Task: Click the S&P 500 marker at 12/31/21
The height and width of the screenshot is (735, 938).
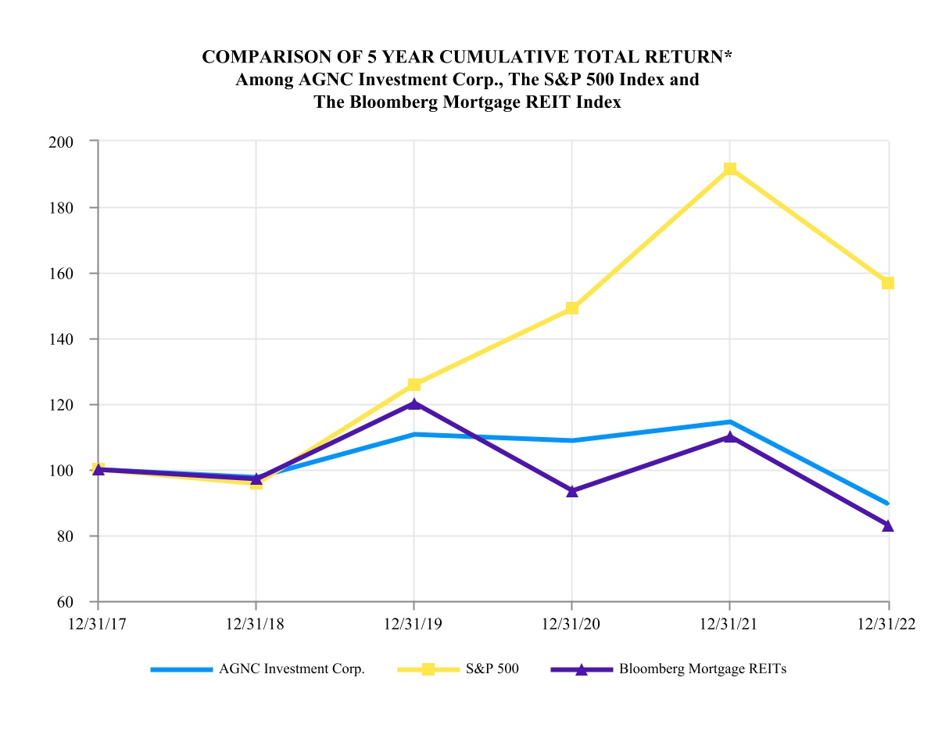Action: click(730, 169)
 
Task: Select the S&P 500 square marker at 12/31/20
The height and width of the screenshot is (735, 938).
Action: click(572, 308)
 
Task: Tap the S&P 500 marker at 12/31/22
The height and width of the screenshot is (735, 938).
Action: click(888, 283)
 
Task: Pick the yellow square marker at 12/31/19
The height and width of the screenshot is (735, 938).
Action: click(414, 385)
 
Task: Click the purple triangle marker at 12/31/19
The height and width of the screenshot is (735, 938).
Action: click(414, 403)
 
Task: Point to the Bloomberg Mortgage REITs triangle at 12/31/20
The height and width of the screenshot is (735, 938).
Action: click(572, 491)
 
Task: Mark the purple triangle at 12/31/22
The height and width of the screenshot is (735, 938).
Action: click(888, 525)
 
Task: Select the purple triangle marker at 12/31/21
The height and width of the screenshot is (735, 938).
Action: click(730, 436)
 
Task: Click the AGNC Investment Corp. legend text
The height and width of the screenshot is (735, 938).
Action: click(292, 669)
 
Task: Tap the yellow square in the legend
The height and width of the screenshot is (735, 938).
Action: click(428, 669)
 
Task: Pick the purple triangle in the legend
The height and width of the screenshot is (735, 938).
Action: click(581, 669)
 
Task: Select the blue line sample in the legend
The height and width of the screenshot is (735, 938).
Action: click(181, 669)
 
